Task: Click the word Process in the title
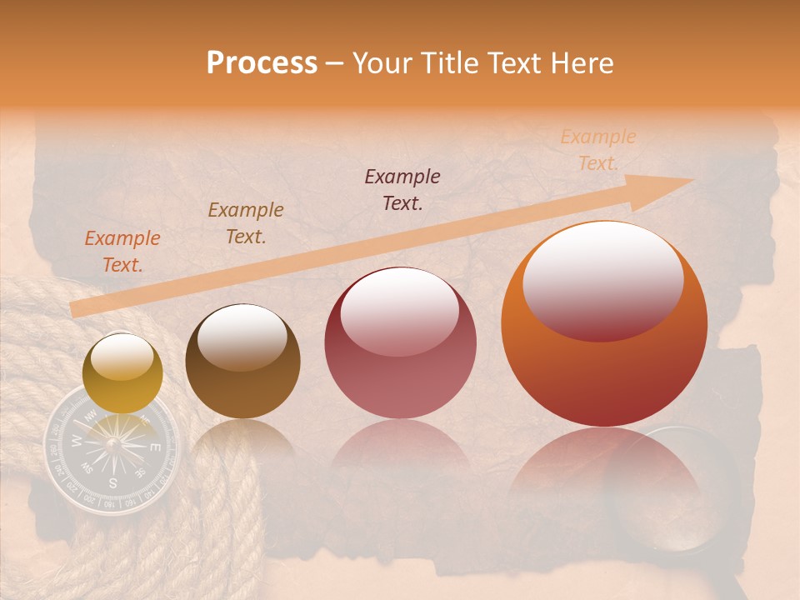[262, 63]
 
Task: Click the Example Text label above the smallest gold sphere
[122, 251]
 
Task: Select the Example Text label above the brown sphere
[246, 222]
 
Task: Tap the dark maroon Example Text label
[402, 189]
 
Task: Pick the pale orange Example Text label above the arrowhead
[597, 150]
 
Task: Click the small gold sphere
[122, 373]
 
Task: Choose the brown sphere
[242, 362]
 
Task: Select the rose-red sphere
[400, 343]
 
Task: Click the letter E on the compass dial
[154, 447]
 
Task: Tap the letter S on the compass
[112, 482]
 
